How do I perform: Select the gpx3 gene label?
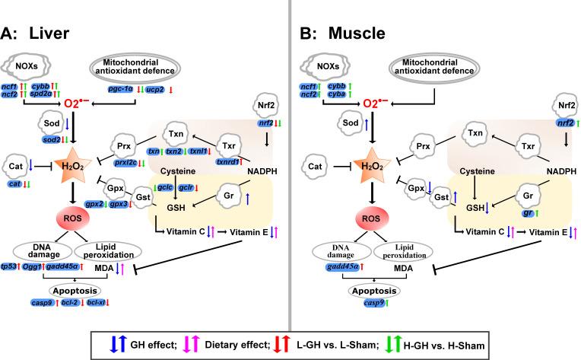[97, 205]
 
